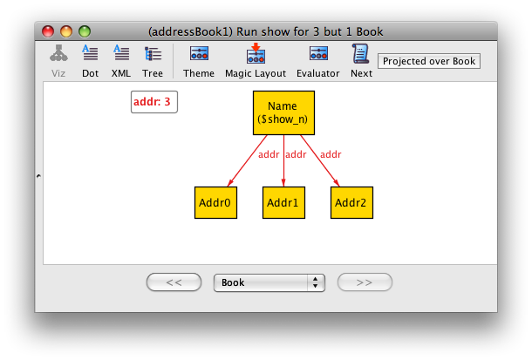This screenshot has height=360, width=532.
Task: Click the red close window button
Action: pyautogui.click(x=48, y=31)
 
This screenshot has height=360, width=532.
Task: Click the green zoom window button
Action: pyautogui.click(x=85, y=31)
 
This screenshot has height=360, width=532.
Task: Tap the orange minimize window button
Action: pyautogui.click(x=66, y=31)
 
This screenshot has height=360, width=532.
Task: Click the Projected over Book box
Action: pyautogui.click(x=429, y=61)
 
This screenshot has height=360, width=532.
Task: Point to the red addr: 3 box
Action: pyautogui.click(x=154, y=102)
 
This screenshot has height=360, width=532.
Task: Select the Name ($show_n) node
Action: pyautogui.click(x=283, y=112)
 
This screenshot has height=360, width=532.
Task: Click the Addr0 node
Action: pyautogui.click(x=215, y=202)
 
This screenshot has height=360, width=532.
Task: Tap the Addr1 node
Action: pyautogui.click(x=283, y=202)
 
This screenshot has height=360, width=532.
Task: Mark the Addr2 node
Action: pyautogui.click(x=351, y=202)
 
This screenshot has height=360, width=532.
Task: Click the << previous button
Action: pyautogui.click(x=174, y=282)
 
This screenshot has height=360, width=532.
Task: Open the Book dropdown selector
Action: pyautogui.click(x=269, y=282)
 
